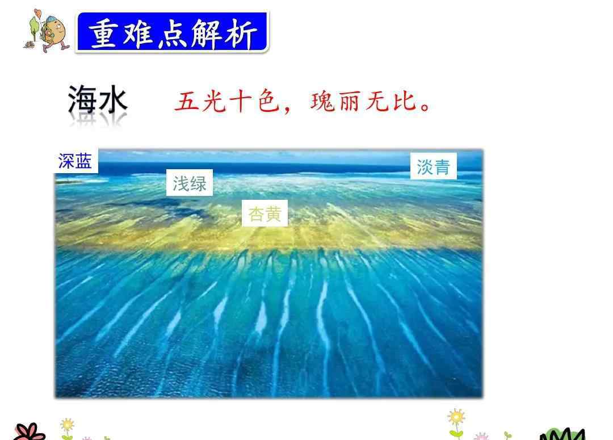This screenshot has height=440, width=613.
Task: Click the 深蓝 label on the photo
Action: tap(75, 161)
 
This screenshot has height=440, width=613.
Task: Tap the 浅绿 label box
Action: tap(190, 183)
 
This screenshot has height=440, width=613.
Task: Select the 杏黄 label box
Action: tap(264, 213)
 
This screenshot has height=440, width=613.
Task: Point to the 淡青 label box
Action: tap(433, 166)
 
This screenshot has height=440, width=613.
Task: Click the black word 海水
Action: tap(98, 100)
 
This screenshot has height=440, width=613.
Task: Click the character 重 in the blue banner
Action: tap(103, 33)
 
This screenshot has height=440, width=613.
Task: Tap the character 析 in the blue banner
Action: tap(241, 33)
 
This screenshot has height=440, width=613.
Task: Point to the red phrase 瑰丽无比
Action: tap(363, 102)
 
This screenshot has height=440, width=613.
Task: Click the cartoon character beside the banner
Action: tap(47, 31)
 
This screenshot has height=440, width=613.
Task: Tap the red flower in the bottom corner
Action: tap(30, 432)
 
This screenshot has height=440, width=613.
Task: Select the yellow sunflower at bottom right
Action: tap(456, 422)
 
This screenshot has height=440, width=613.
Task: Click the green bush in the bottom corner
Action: tap(562, 434)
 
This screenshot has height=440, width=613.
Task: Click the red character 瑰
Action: tap(323, 102)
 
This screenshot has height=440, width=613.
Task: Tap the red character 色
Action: tap(268, 102)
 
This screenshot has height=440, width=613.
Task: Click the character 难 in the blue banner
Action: tap(137, 33)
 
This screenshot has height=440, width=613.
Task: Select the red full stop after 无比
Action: tap(425, 107)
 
